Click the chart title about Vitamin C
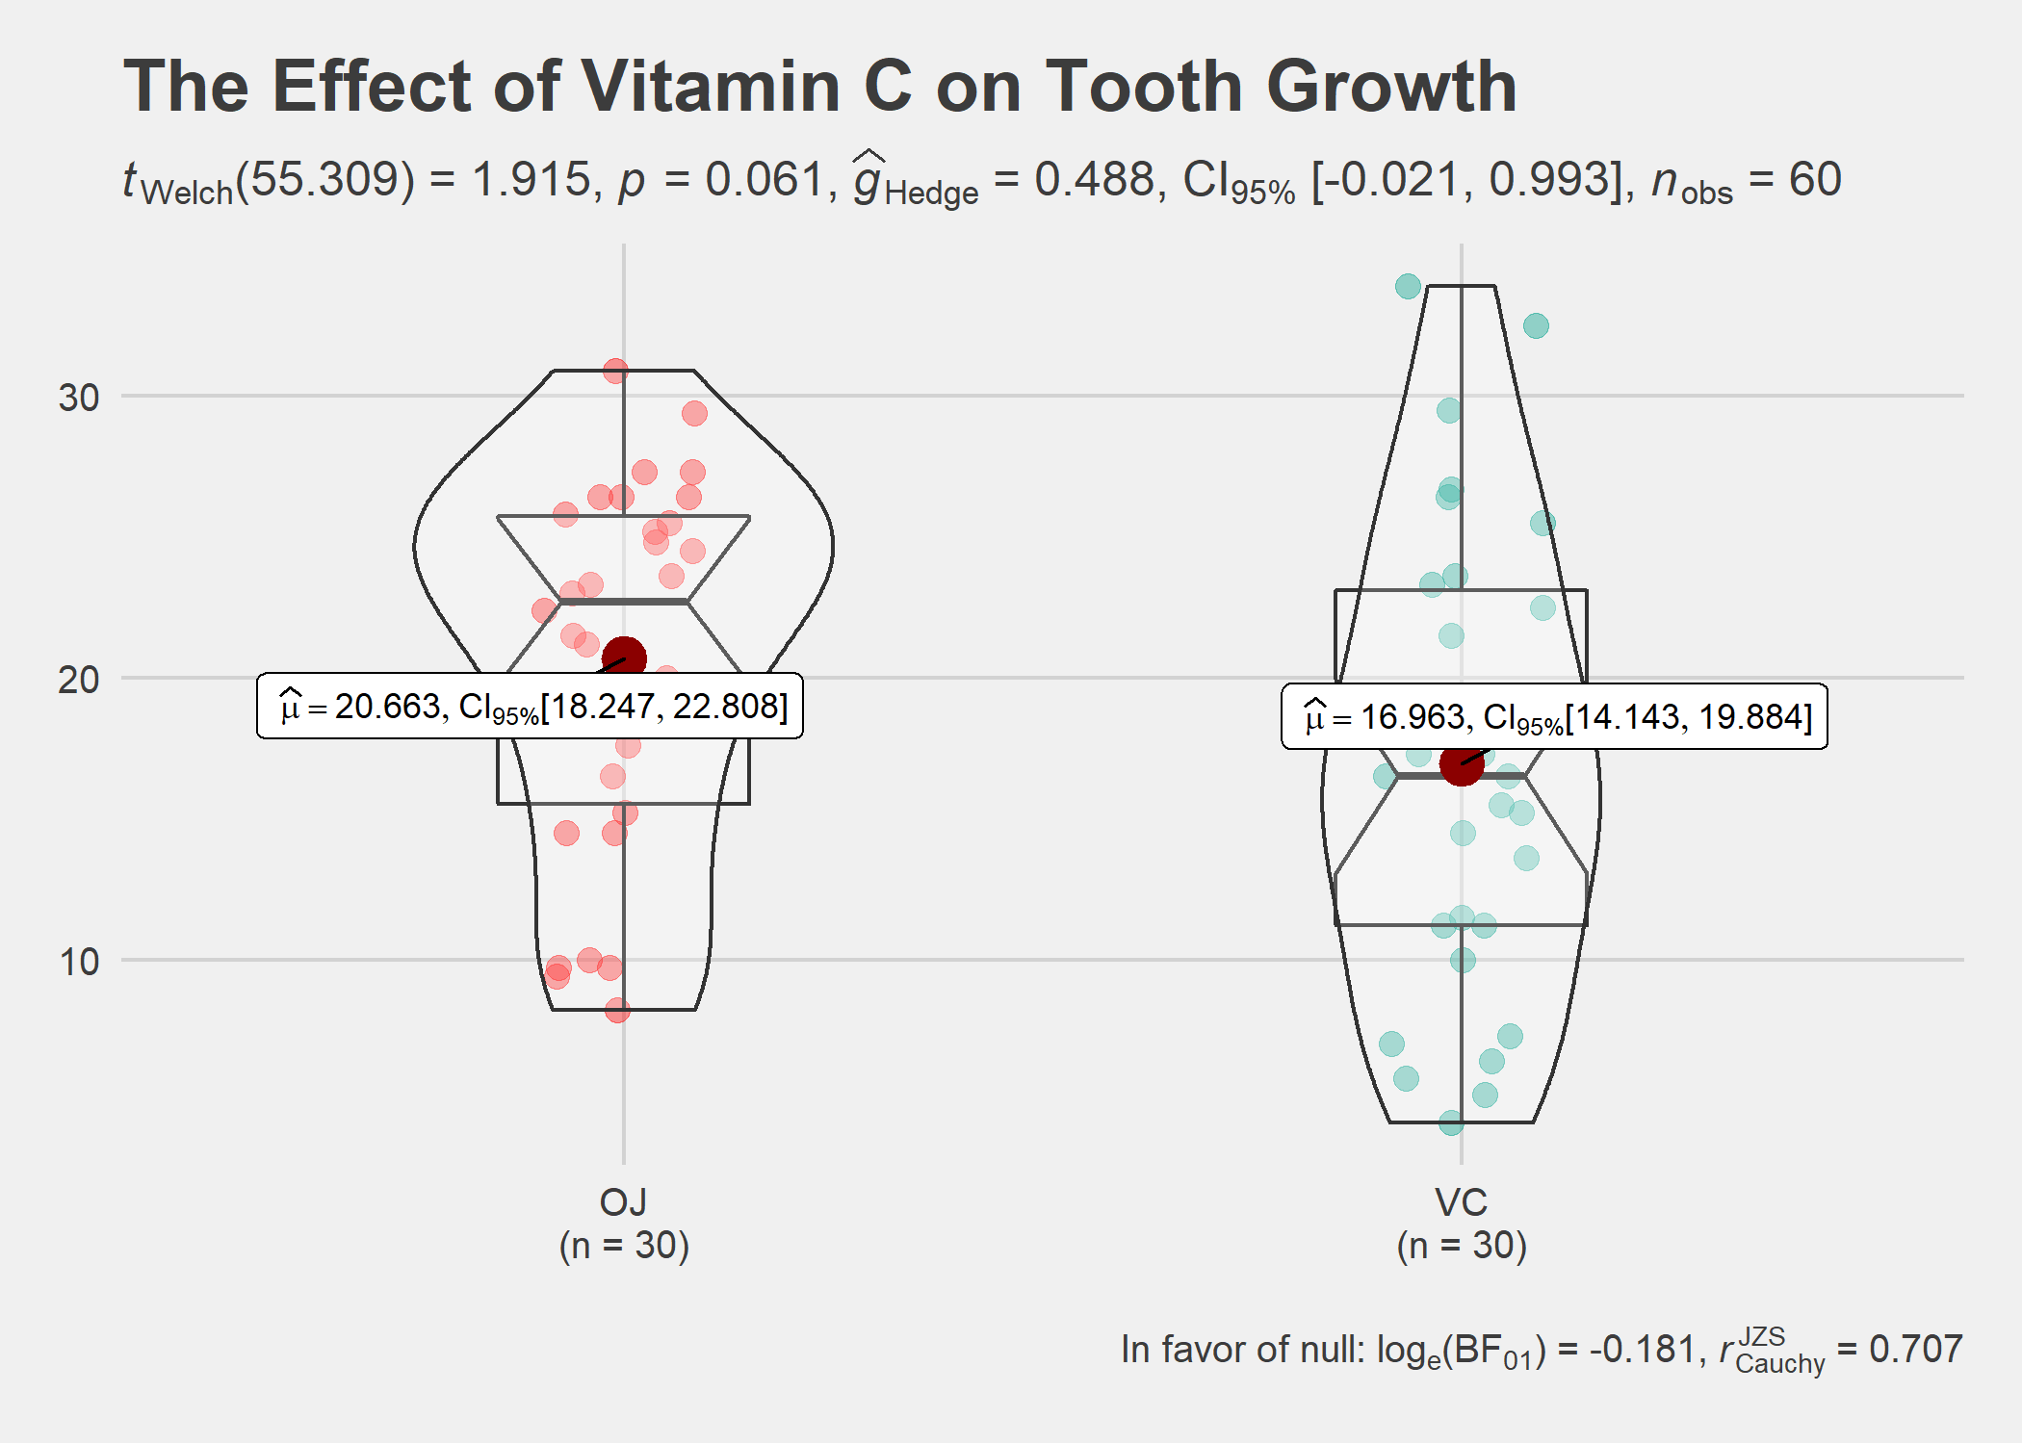pyautogui.click(x=819, y=87)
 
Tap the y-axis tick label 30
pyautogui.click(x=79, y=398)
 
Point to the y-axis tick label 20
pyautogui.click(x=79, y=680)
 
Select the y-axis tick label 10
pyautogui.click(x=79, y=962)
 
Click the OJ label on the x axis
pyautogui.click(x=623, y=1202)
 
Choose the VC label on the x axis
pyautogui.click(x=1461, y=1202)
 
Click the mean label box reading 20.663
pyautogui.click(x=530, y=707)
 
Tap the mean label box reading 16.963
pyautogui.click(x=1554, y=717)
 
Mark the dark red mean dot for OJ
pyautogui.click(x=624, y=658)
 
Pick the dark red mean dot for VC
pyautogui.click(x=1462, y=763)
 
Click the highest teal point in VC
pyautogui.click(x=1408, y=286)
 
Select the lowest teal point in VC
pyautogui.click(x=1451, y=1122)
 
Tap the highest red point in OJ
pyautogui.click(x=616, y=371)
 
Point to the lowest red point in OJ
pyautogui.click(x=617, y=1010)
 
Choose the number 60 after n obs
pyautogui.click(x=1815, y=180)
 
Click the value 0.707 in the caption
pyautogui.click(x=1915, y=1350)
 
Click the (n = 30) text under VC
pyautogui.click(x=1461, y=1246)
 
